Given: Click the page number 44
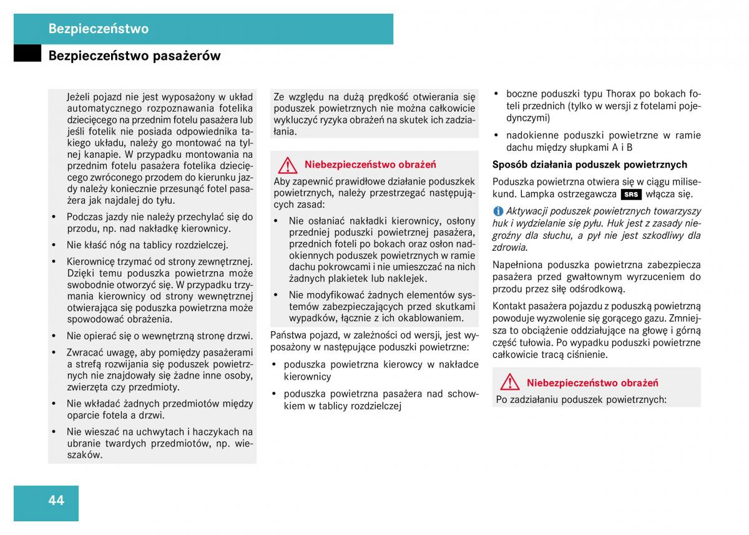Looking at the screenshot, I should pos(56,500).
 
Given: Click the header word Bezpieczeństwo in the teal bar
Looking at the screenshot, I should pos(99,29).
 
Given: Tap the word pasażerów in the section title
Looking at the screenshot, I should pos(189,56).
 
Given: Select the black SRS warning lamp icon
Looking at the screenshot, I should pos(632,194).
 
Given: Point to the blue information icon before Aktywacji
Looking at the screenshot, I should pos(498,211).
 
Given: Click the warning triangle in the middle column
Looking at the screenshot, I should pos(288,165).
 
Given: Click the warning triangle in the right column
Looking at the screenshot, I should pos(510,382).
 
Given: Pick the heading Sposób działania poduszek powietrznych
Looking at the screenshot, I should pos(590,165).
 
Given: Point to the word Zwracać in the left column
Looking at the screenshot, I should pos(85,352).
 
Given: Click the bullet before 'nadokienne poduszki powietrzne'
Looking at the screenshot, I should pos(496,135).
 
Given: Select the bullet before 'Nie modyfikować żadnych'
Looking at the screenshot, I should pos(277,295).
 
